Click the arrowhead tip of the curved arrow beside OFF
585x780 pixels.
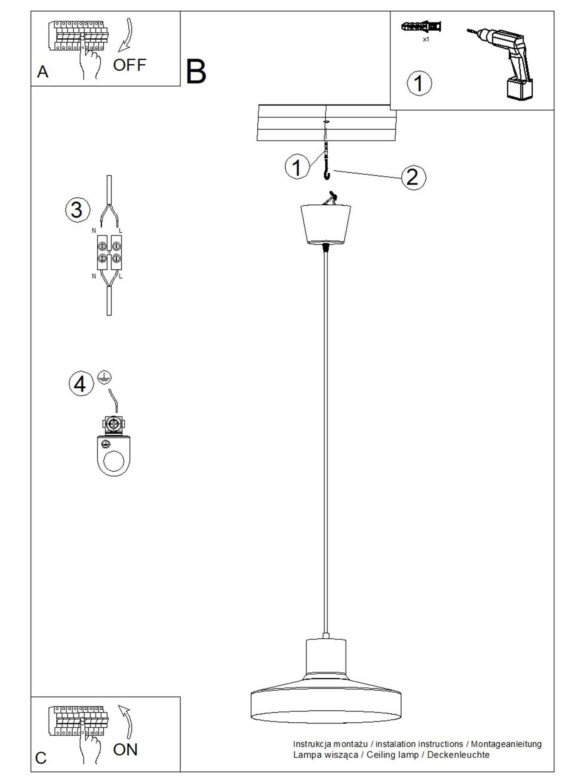pos(119,51)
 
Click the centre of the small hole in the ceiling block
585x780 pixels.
pos(325,122)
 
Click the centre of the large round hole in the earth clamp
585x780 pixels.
pos(114,461)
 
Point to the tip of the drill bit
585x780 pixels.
pos(467,30)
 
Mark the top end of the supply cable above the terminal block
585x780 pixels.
pos(109,176)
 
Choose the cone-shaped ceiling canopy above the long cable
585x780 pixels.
pos(326,224)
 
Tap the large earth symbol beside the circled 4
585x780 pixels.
pos(105,377)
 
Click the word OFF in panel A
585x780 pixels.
pos(129,65)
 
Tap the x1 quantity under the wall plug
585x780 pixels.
pos(426,39)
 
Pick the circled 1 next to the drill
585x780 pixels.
pos(419,83)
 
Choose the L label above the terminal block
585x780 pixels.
pos(121,231)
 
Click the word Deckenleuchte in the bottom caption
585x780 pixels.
pos(458,755)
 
